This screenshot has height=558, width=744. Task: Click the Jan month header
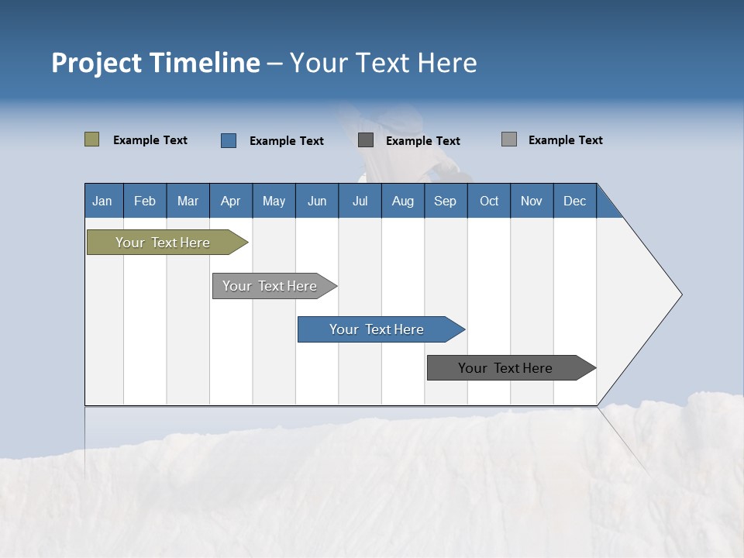[x=102, y=201]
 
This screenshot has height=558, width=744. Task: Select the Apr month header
[x=230, y=201]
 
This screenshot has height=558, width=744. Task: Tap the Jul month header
[x=360, y=201]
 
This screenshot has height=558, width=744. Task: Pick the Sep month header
[x=445, y=201]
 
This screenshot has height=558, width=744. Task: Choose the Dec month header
[x=574, y=201]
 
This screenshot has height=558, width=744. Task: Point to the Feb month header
[x=145, y=201]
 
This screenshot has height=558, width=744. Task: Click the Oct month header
[x=489, y=201]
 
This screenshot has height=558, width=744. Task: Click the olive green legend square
[x=91, y=139]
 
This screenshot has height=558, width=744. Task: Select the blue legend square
[x=229, y=140]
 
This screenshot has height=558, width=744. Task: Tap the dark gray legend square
[x=366, y=140]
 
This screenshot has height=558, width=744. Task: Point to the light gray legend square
[x=509, y=139]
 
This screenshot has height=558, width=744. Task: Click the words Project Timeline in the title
[x=156, y=63]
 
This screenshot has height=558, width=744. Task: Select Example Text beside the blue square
[x=287, y=141]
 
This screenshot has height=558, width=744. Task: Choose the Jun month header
[x=317, y=201]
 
